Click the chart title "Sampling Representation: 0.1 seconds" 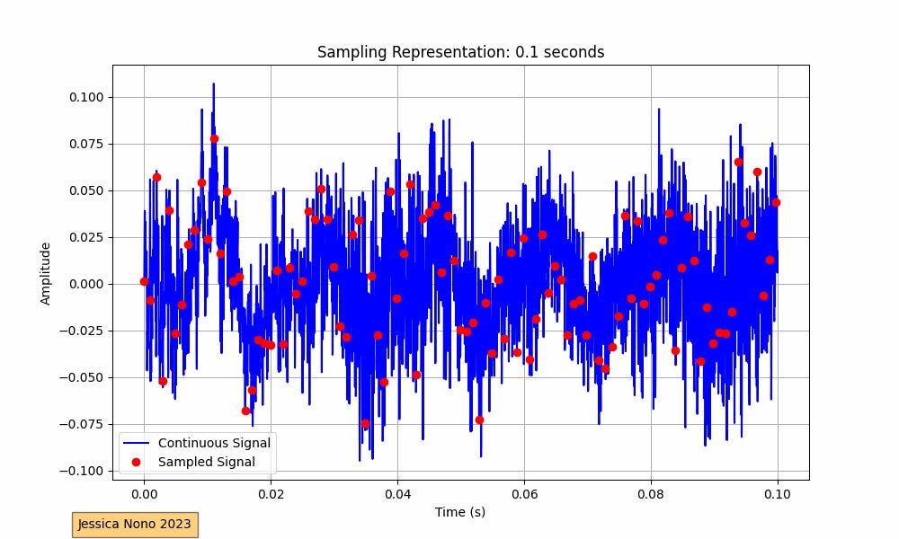point(460,52)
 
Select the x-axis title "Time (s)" point(460,512)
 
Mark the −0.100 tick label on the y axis point(84,471)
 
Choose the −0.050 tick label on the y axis point(84,377)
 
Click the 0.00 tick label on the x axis point(144,493)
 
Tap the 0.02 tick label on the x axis point(271,493)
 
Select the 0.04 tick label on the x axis point(397,493)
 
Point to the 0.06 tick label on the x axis point(524,493)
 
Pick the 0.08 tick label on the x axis point(651,493)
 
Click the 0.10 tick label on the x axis point(778,493)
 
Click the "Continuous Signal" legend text point(214,443)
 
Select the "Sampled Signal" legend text point(206,462)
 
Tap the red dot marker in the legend point(137,462)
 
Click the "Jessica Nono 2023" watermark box point(135,524)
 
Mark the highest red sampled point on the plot point(214,138)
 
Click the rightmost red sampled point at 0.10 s point(776,202)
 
